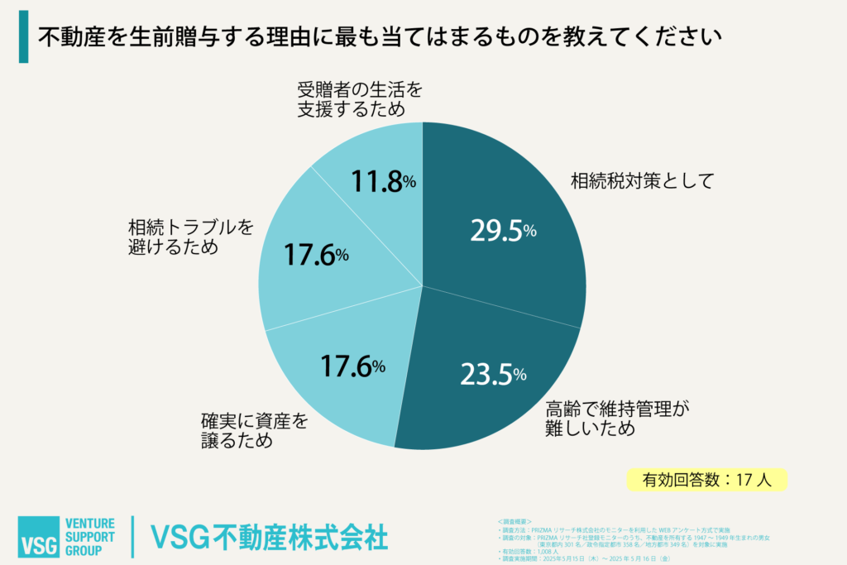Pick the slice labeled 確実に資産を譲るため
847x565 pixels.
coord(339,381)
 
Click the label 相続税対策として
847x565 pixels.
coord(641,181)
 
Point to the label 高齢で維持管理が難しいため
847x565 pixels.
coord(617,418)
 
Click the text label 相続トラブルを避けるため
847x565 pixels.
coord(190,236)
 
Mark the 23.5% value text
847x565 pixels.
coord(493,375)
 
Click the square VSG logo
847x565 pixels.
coord(38,537)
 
